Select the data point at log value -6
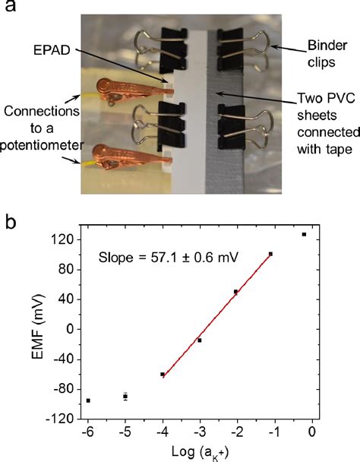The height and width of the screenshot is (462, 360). tap(88, 400)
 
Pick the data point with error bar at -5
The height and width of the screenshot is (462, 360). tap(125, 397)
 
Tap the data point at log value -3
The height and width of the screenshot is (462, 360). tap(200, 340)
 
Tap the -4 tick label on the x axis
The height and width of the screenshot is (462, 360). tap(161, 432)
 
